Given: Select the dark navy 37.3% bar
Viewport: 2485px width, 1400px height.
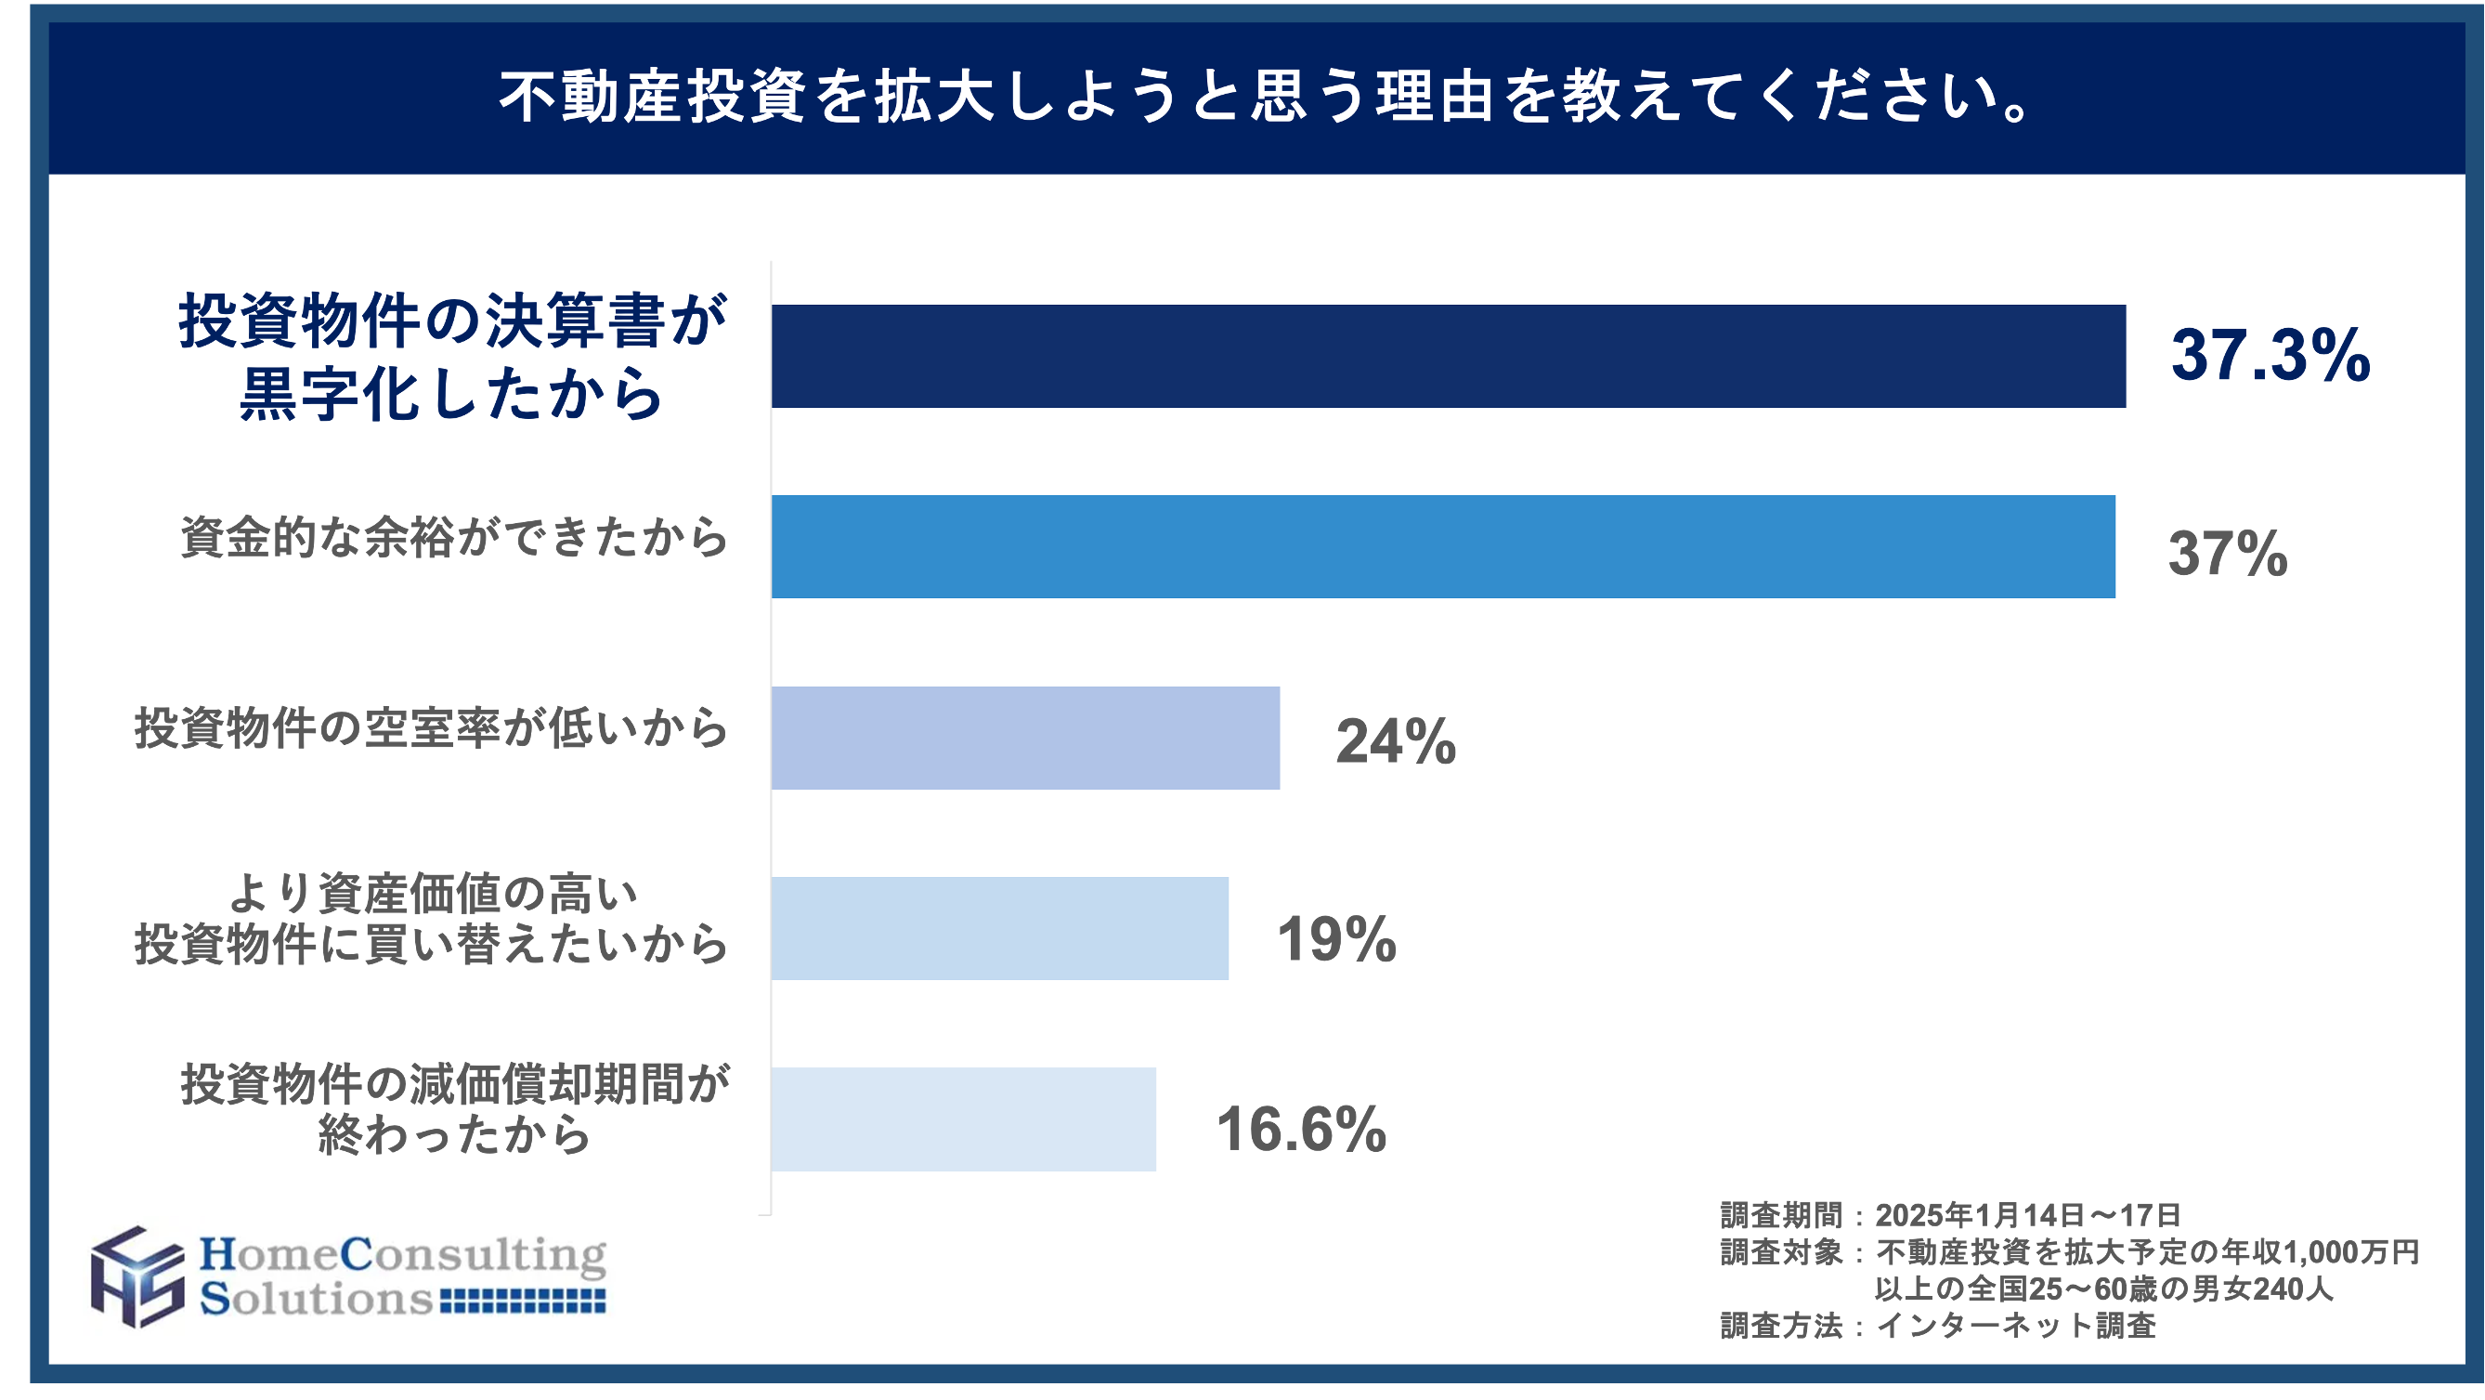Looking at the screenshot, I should [x=1447, y=356].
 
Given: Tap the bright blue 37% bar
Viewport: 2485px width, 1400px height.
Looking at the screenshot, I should [x=1443, y=547].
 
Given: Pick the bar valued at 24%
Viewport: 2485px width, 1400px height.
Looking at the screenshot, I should [x=1025, y=739].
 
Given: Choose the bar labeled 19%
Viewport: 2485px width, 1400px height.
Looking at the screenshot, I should [x=1000, y=928].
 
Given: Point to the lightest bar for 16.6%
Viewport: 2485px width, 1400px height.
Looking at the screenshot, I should [x=964, y=1119].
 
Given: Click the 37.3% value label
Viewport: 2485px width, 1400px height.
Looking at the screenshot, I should [x=2270, y=355].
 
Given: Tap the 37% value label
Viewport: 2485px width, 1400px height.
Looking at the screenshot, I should [x=2228, y=553].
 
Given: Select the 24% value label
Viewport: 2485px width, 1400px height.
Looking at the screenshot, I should [x=1395, y=742].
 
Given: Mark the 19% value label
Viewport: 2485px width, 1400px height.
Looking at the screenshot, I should [x=1336, y=939].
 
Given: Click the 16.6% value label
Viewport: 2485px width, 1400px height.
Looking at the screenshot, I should [x=1300, y=1129].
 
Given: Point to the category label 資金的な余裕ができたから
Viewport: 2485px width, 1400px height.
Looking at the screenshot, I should [x=454, y=537].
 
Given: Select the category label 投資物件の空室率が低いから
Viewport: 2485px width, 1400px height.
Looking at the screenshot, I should [x=431, y=728].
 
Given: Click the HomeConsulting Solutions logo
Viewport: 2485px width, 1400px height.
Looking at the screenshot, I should [x=350, y=1277].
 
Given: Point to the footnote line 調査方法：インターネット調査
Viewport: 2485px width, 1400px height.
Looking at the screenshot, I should [x=1937, y=1327].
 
